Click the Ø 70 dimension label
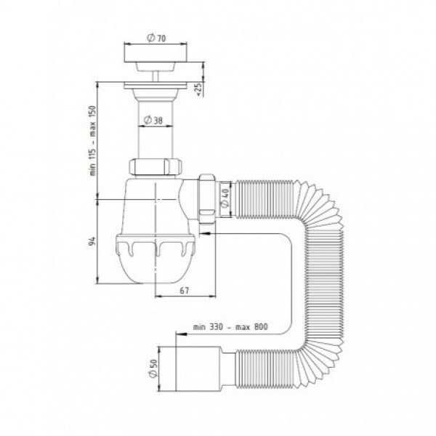click(x=156, y=38)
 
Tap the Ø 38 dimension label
click(x=153, y=120)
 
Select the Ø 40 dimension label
click(x=225, y=198)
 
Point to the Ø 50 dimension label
click(x=153, y=368)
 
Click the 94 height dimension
click(x=92, y=241)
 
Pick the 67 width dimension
click(x=184, y=291)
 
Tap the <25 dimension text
click(x=199, y=89)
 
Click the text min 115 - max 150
click(x=92, y=140)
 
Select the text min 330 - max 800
click(x=230, y=327)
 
